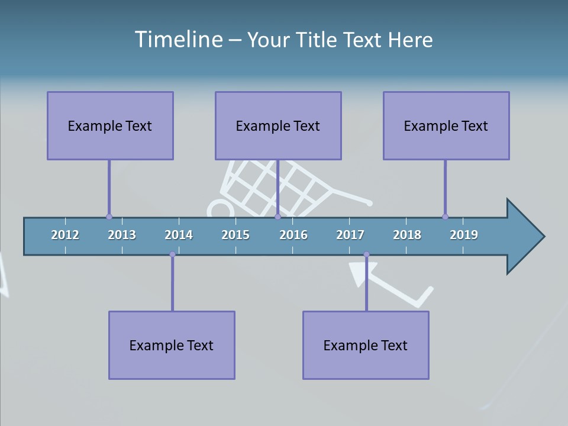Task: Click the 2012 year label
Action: tap(65, 235)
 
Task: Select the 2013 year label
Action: tap(122, 235)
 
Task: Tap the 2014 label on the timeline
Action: tap(179, 235)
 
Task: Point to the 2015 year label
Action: tap(235, 235)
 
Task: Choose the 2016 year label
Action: tap(293, 235)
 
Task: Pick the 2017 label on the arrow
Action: tap(350, 235)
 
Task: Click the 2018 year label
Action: tap(407, 235)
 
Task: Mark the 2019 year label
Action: tap(464, 235)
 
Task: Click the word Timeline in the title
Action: tap(178, 40)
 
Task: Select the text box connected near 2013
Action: tap(110, 125)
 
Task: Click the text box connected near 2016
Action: tap(278, 125)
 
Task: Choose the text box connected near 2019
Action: tap(446, 125)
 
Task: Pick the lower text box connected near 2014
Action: tap(172, 345)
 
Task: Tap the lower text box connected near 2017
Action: tap(366, 345)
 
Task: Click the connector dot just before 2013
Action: tap(109, 217)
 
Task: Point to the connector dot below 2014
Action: tap(172, 254)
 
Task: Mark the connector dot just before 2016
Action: tap(277, 217)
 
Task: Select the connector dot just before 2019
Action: tap(445, 217)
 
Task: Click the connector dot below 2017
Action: tap(366, 254)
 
